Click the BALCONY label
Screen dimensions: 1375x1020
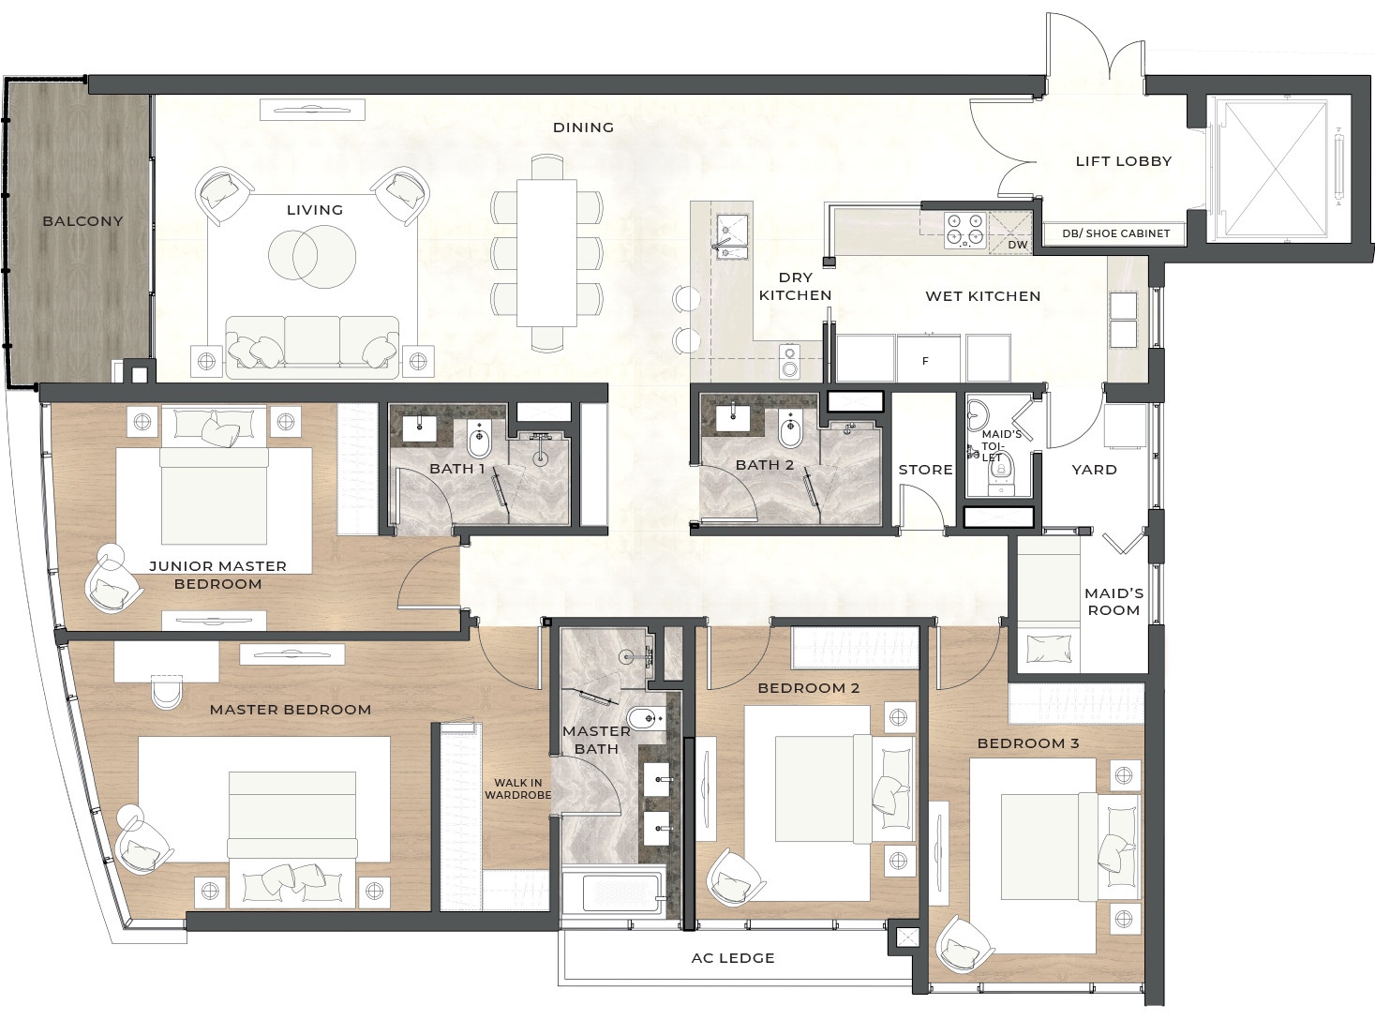82,220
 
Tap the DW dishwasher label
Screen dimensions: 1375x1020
1017,245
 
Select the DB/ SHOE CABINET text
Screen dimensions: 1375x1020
1116,233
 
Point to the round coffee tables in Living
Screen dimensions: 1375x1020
312,255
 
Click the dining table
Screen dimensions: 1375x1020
546,252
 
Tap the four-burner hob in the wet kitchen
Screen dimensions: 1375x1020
965,231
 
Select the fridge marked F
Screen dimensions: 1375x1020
927,358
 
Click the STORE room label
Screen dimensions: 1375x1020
925,470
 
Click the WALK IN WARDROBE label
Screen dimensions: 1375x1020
517,788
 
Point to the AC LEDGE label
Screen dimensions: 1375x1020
733,958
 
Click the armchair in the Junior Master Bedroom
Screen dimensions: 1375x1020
113,577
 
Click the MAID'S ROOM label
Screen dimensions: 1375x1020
1113,602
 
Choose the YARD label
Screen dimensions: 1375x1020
1094,470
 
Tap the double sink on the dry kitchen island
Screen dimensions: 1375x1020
732,236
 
